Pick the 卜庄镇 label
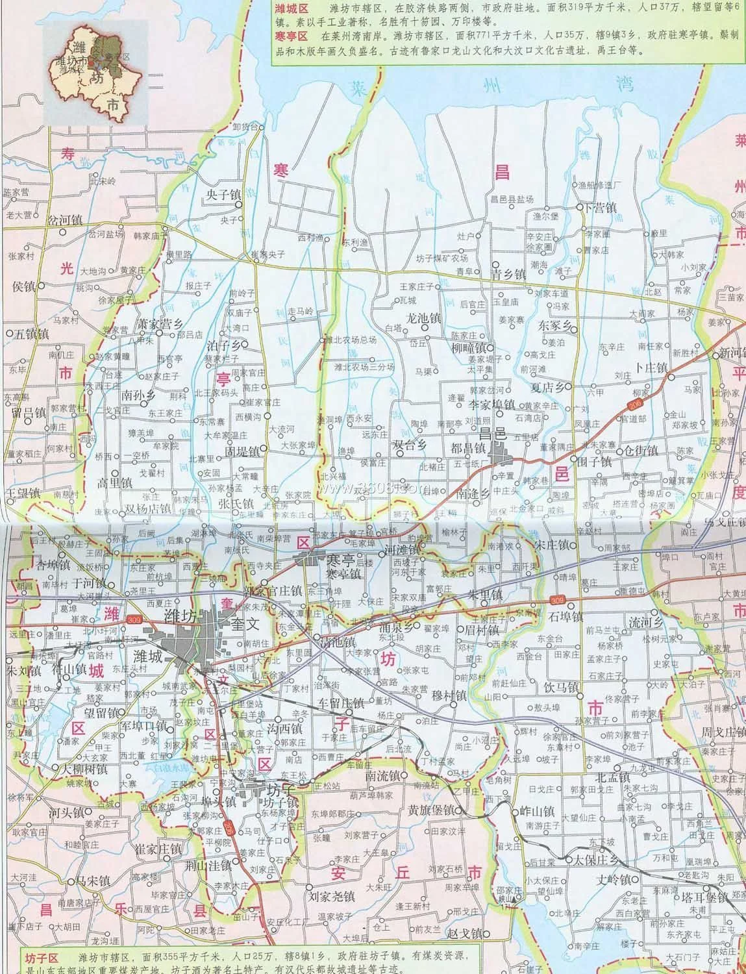click(x=651, y=368)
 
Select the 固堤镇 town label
click(x=242, y=451)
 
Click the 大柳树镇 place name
click(x=84, y=769)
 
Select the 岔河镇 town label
click(x=64, y=220)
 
